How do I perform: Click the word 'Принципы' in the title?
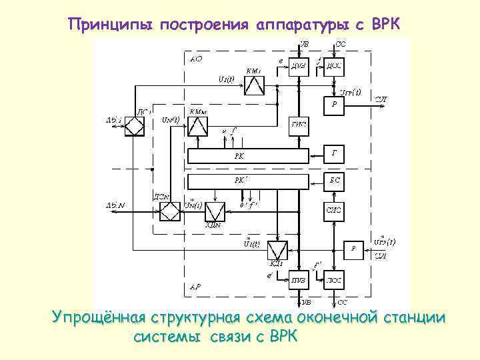coord(110,25)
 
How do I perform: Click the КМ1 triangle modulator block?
coord(254,85)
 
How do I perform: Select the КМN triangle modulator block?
coord(198,127)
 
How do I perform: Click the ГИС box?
coord(298,125)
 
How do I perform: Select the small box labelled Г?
coord(334,153)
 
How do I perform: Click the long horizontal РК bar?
coord(247,156)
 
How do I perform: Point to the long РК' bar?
coord(247,181)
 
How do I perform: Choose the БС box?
coord(334,180)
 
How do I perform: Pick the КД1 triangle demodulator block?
coord(277,251)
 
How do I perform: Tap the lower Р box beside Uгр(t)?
coord(354,249)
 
